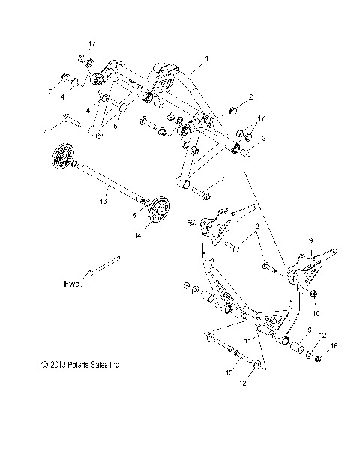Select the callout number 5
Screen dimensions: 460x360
pyautogui.click(x=116, y=127)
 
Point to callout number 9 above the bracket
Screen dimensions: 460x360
pyautogui.click(x=307, y=240)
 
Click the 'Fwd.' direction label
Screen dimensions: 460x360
pyautogui.click(x=73, y=285)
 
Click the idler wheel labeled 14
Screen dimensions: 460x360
pyautogui.click(x=157, y=212)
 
